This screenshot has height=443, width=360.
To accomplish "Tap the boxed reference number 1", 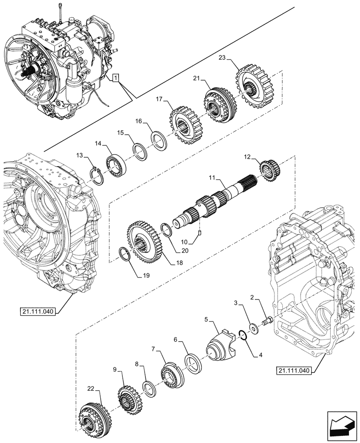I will (115, 79).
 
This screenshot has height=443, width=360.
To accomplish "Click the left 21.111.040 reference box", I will (37, 312).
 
